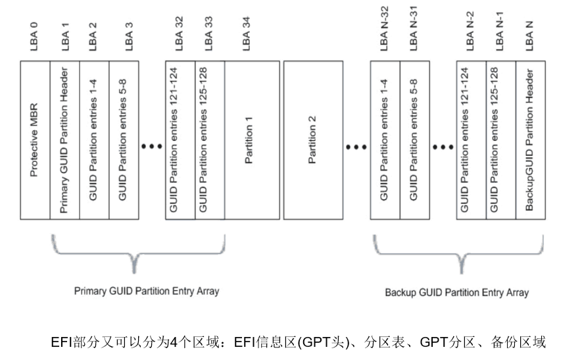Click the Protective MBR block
36,140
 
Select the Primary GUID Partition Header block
65,140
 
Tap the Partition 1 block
252,140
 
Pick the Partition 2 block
312,140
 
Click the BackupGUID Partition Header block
531,140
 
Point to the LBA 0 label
35,36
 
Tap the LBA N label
530,36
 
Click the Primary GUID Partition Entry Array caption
147,290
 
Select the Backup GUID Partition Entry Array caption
456,292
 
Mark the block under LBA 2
94,140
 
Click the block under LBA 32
180,140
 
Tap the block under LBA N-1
500,140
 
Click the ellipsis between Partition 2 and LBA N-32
356,147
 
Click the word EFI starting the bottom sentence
61,342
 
